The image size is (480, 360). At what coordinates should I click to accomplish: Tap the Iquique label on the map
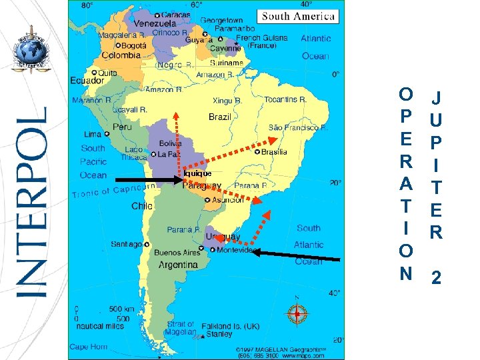coord(198,173)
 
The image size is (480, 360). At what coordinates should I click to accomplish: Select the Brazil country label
coord(219,117)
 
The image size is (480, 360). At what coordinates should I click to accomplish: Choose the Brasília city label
coord(274,152)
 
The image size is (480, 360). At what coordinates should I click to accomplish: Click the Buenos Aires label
coord(177,253)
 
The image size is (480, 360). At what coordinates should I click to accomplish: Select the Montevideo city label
coord(234,251)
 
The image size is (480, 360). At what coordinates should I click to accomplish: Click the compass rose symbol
coord(297,313)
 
